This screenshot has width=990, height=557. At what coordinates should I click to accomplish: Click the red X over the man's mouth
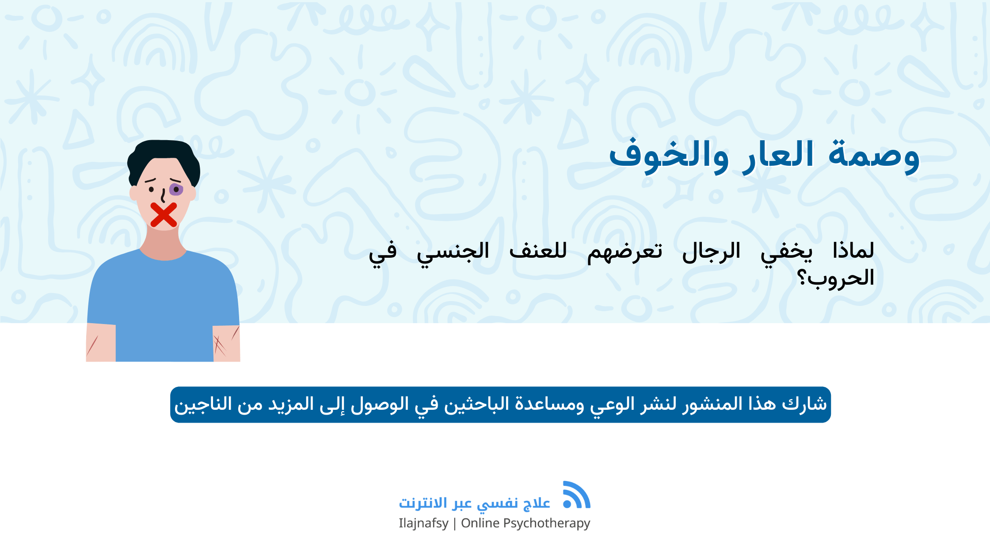coord(164,215)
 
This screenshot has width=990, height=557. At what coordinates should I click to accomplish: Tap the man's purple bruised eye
coord(176,190)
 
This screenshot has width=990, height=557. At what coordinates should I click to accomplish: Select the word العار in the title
coord(778,155)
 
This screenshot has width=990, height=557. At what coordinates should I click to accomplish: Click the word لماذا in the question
coord(853,251)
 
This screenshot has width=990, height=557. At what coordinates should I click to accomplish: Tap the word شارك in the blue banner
coord(804,404)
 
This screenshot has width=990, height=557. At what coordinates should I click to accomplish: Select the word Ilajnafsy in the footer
coord(423,523)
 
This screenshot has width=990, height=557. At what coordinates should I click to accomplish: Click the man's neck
coord(164,243)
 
